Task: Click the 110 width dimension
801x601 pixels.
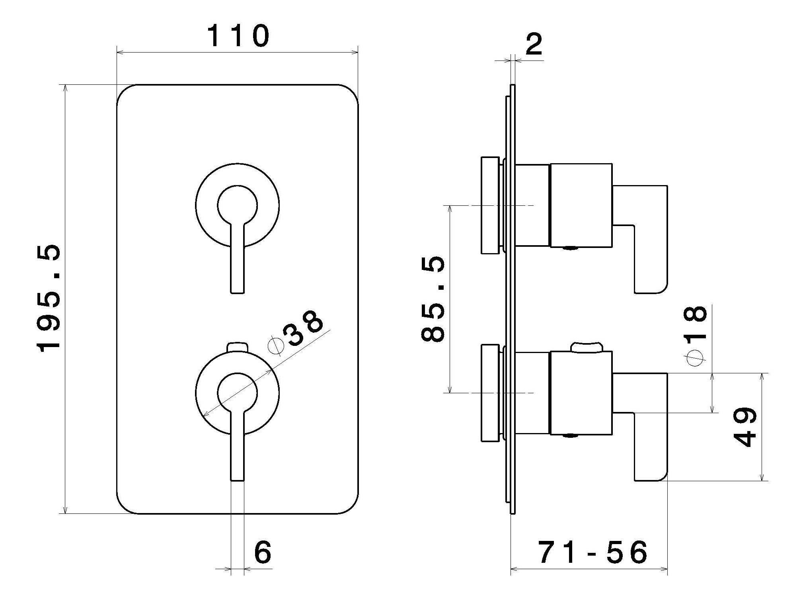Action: pyautogui.click(x=238, y=36)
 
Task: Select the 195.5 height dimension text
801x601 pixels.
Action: pyautogui.click(x=49, y=299)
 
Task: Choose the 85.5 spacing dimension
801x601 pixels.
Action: pyautogui.click(x=433, y=299)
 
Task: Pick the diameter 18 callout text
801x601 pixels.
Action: pyautogui.click(x=695, y=335)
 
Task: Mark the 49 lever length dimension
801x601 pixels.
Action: pyautogui.click(x=744, y=427)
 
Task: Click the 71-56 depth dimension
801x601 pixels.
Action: pyautogui.click(x=593, y=552)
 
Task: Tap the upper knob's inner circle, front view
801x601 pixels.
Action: pyautogui.click(x=237, y=205)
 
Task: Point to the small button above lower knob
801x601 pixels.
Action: pyautogui.click(x=237, y=347)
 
